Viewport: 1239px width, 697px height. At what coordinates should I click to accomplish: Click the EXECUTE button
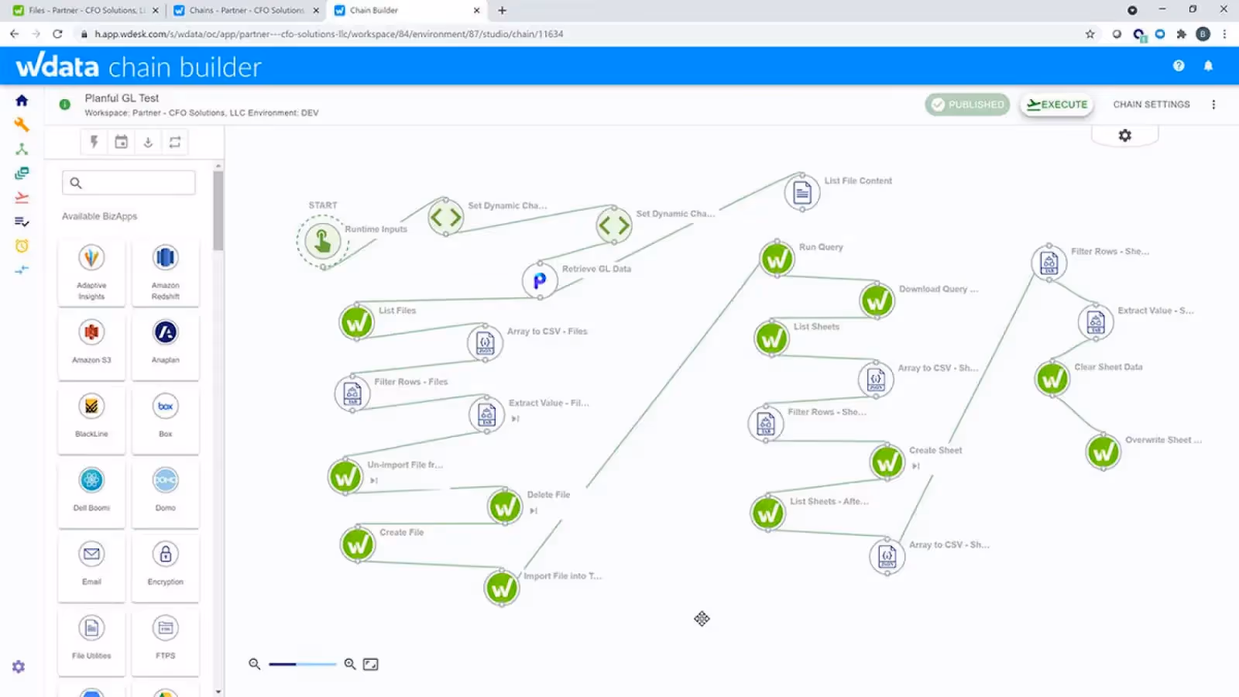(x=1057, y=105)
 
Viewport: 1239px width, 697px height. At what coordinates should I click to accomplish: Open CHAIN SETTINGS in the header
(x=1151, y=105)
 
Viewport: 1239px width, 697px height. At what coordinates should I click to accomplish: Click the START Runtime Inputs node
(x=323, y=241)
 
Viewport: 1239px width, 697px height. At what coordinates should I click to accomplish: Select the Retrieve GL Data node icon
(x=540, y=280)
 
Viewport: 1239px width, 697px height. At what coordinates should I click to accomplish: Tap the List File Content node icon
(x=802, y=193)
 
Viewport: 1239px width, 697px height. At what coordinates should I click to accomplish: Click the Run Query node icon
(x=777, y=259)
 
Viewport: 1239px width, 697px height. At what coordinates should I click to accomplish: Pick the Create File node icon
(x=358, y=544)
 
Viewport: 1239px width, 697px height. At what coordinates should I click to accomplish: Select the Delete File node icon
(x=505, y=507)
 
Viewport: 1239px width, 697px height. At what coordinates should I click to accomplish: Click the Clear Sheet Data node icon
(x=1052, y=379)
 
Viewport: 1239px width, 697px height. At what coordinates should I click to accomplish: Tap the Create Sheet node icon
(x=887, y=462)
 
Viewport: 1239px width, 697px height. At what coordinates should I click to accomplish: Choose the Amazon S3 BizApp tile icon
(x=91, y=332)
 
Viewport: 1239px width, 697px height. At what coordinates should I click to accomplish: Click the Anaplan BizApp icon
(x=166, y=332)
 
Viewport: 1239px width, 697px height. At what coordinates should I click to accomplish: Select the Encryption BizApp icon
(x=166, y=554)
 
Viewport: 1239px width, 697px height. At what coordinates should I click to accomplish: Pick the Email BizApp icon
(x=91, y=554)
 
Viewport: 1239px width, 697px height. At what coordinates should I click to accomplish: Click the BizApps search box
(x=129, y=183)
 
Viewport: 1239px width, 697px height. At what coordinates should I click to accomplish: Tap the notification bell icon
(x=1208, y=66)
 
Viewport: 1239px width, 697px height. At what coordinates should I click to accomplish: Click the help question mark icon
(x=1179, y=66)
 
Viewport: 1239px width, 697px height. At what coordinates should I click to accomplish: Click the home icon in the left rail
(x=22, y=101)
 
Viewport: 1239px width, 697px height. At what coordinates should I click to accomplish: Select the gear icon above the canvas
(x=1125, y=136)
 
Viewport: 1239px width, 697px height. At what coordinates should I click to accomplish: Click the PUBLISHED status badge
(x=967, y=105)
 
